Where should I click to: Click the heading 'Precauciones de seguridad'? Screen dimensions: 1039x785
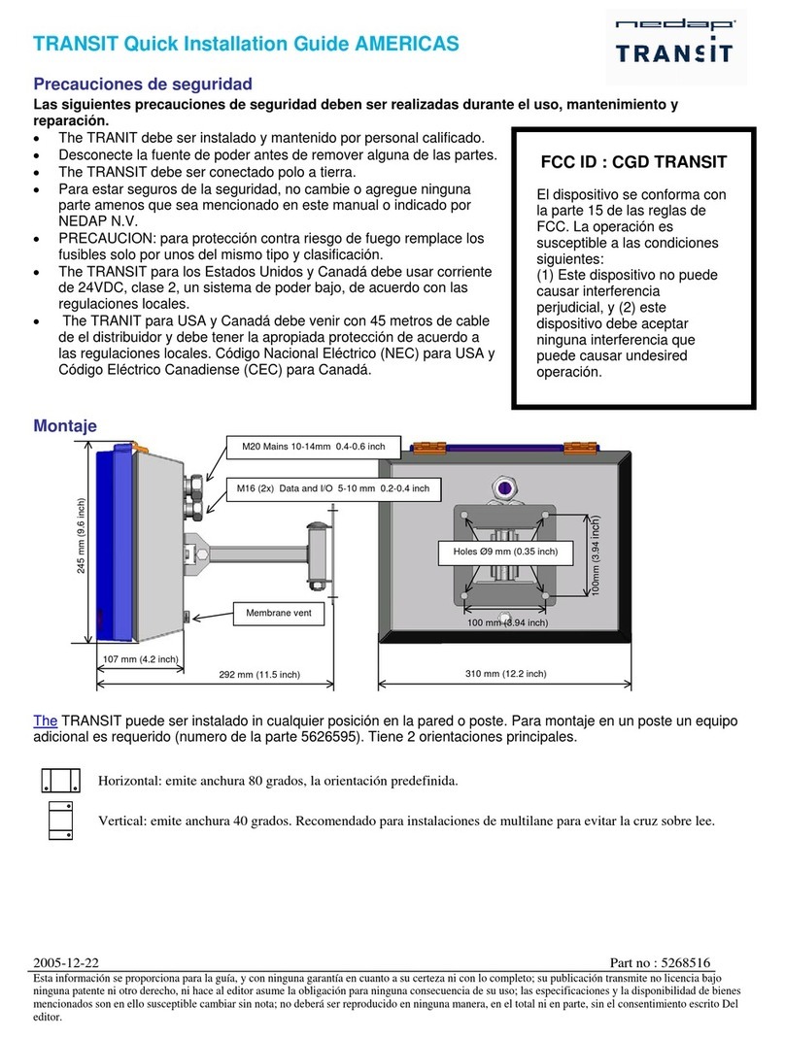click(143, 84)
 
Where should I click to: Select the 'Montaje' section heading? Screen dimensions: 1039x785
click(65, 425)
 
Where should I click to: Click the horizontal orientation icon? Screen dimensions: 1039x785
click(60, 780)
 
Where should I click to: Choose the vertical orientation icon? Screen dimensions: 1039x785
click(60, 821)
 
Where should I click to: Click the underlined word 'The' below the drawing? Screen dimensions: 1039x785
click(46, 721)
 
